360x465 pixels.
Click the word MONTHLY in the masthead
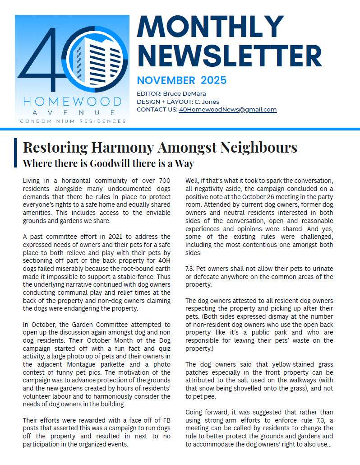210,27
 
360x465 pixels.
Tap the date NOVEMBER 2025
181,81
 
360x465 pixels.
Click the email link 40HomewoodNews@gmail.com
227,110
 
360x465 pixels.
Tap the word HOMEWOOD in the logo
72,101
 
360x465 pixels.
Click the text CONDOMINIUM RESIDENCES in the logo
73,121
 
